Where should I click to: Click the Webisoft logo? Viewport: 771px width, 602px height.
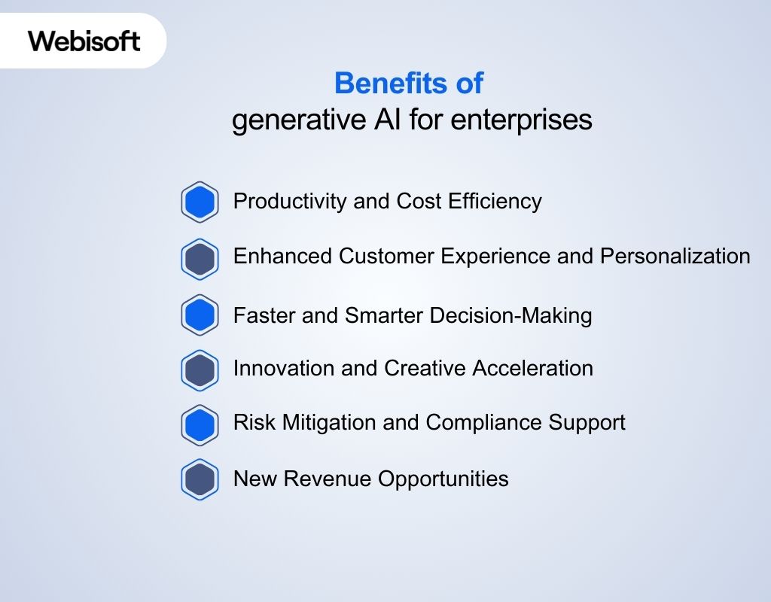tap(84, 41)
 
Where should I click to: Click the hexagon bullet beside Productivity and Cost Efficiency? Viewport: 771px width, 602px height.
tap(200, 202)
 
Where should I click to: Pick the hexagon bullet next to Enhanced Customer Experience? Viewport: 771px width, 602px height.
tap(200, 259)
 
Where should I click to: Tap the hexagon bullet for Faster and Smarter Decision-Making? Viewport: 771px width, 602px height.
tap(200, 315)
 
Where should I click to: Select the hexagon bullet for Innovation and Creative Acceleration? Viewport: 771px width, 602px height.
tap(200, 369)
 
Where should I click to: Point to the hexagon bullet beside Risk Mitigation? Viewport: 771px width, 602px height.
tap(200, 424)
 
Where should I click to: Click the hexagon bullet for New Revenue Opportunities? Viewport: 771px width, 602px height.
tap(200, 479)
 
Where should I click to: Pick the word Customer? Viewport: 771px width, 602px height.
tap(386, 257)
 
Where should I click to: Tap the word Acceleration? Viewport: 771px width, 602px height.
tap(532, 368)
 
